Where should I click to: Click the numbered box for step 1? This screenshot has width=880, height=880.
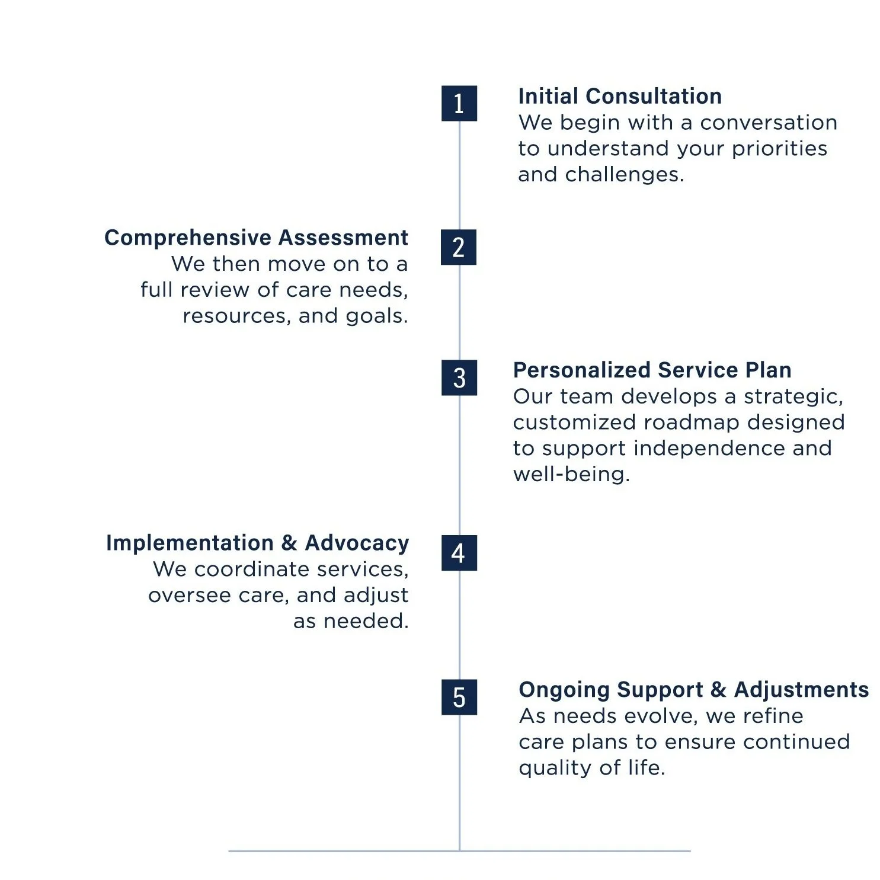click(x=459, y=104)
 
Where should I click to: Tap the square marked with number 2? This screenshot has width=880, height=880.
click(x=458, y=247)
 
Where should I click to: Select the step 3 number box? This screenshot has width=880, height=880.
click(x=459, y=377)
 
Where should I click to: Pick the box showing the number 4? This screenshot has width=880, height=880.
click(x=459, y=553)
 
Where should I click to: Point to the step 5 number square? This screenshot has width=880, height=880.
click(x=459, y=697)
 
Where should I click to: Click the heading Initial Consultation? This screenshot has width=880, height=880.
click(x=619, y=96)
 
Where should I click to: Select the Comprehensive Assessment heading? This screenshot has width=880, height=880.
click(x=256, y=238)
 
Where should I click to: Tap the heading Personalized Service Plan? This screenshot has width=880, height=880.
click(x=652, y=370)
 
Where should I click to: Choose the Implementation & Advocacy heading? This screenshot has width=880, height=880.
click(x=257, y=543)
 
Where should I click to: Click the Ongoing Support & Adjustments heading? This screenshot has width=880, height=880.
click(x=693, y=690)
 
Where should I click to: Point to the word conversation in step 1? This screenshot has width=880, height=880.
click(x=768, y=123)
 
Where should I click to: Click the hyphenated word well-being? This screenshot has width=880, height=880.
click(x=570, y=474)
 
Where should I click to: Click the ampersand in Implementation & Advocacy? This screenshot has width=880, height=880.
click(x=289, y=543)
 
